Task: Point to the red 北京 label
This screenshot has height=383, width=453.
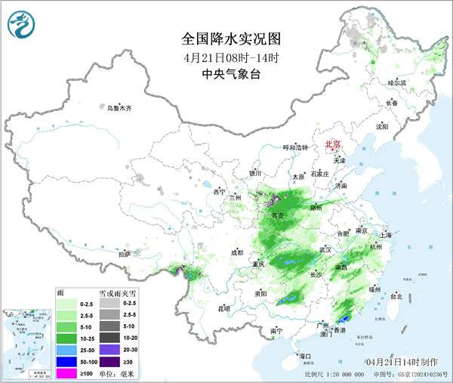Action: [332, 144]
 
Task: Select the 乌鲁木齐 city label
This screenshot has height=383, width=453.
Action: [119, 109]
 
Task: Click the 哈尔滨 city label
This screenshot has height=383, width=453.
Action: [396, 82]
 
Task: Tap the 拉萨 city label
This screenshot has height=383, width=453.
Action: [125, 254]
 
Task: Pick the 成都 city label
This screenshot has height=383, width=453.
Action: [238, 252]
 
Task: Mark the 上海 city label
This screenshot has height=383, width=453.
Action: [387, 235]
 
